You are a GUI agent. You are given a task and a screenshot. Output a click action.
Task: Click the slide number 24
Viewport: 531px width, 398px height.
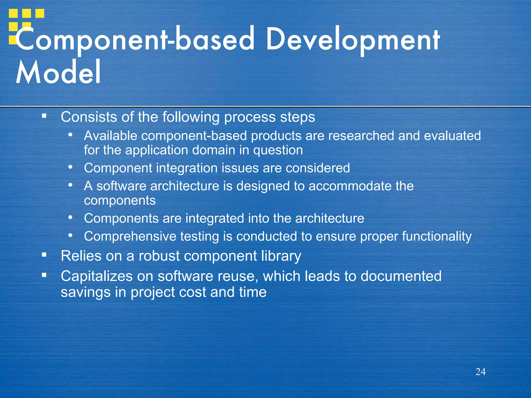coord(480,372)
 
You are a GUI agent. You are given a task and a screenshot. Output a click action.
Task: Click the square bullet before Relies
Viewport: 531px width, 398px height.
coord(44,255)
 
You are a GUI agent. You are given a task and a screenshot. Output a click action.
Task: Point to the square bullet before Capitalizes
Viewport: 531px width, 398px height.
coord(44,275)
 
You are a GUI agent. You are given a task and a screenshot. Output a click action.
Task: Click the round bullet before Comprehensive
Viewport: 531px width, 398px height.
coord(70,236)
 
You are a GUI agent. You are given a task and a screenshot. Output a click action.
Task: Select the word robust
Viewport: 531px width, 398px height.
coord(159,256)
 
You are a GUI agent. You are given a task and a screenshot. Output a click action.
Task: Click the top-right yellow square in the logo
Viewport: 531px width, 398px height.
coord(40,13)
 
